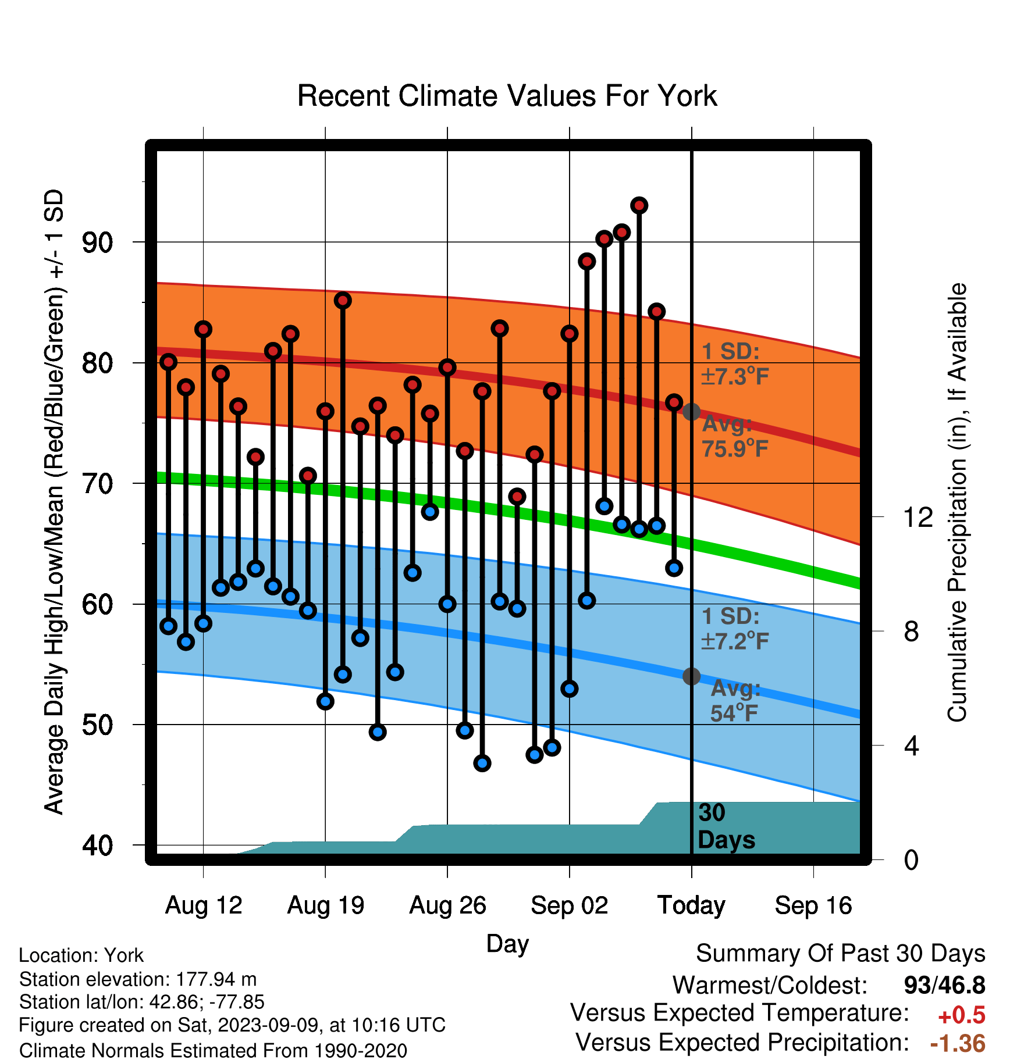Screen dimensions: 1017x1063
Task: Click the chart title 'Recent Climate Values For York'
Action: (x=507, y=96)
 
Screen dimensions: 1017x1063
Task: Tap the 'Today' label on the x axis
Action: (x=691, y=905)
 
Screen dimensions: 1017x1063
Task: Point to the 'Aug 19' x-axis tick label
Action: (x=325, y=905)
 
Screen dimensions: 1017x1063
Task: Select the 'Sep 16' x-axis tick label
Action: (x=813, y=905)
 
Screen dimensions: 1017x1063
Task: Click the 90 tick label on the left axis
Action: (x=98, y=242)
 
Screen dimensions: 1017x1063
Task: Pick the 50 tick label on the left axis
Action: (x=98, y=725)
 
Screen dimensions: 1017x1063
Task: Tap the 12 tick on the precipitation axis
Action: (x=918, y=517)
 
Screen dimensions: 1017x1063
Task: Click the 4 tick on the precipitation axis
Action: (x=912, y=745)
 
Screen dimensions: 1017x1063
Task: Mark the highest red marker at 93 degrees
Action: (x=639, y=205)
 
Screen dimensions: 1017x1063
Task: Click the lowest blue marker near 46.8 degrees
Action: (x=482, y=763)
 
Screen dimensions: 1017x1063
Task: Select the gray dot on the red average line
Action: (x=691, y=412)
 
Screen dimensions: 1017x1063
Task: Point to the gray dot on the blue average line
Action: (x=691, y=676)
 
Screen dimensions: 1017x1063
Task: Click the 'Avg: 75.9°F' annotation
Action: (x=735, y=436)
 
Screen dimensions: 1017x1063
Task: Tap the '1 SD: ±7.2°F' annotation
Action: (x=735, y=629)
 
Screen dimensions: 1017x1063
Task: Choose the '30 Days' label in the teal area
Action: (x=726, y=826)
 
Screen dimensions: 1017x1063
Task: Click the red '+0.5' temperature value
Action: (x=962, y=1015)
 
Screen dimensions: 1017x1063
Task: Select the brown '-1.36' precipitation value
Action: (x=958, y=1043)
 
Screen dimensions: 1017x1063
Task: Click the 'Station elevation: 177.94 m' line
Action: (x=138, y=979)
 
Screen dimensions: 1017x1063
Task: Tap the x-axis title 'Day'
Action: (x=507, y=944)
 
